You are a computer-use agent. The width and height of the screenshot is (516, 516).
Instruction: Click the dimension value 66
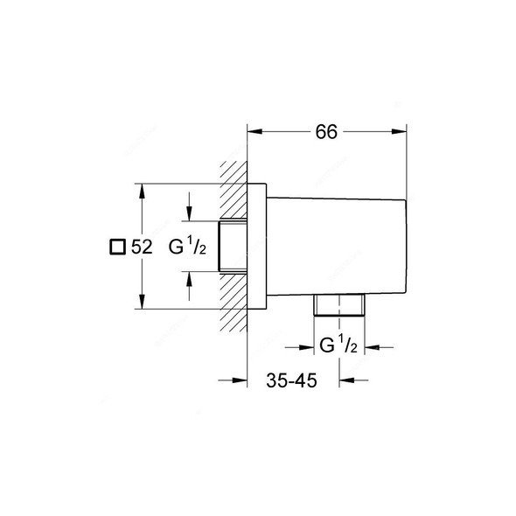tap(325, 132)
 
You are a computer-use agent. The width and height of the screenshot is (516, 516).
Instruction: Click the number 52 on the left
tap(141, 248)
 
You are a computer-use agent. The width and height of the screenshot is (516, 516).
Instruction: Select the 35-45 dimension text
tap(292, 380)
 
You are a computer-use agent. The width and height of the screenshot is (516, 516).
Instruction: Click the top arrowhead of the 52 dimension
tap(142, 189)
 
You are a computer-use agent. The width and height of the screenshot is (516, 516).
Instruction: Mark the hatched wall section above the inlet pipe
tap(234, 187)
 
